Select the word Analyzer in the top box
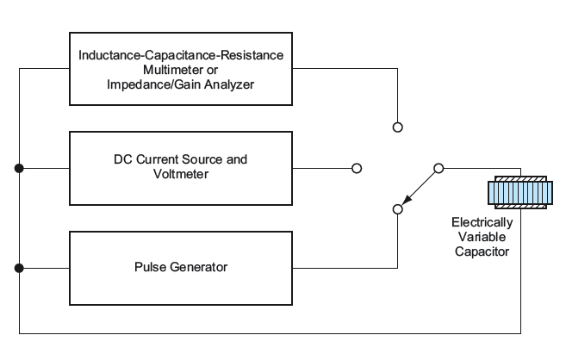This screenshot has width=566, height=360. pos(232,86)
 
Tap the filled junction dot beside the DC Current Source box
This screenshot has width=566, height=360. pos(18,167)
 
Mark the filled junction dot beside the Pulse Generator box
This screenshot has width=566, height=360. pos(18,267)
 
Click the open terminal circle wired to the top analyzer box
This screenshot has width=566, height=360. pos(397,126)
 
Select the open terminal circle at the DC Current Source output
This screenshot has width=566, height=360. pos(357,167)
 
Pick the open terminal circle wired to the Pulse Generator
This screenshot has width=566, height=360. pos(397,208)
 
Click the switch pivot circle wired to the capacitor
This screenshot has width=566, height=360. pos(438,167)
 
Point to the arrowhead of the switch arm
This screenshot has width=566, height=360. pos(405,202)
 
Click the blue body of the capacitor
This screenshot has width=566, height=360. pos(519,194)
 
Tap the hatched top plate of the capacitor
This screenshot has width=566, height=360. pos(519,181)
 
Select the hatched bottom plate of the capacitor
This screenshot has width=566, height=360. pos(519,208)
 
